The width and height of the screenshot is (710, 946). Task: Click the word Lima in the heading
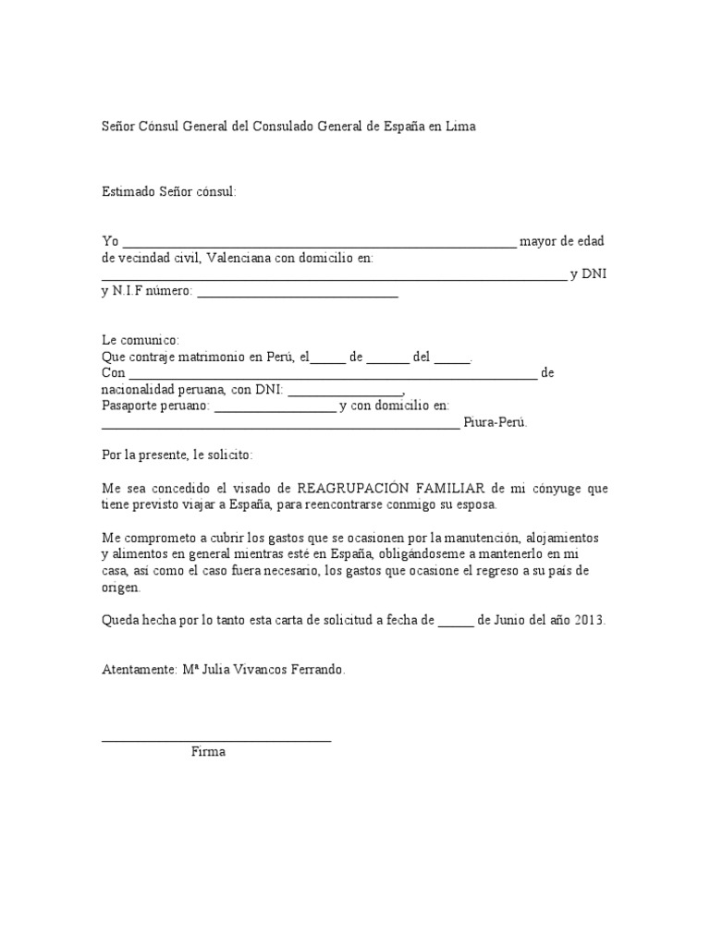click(x=459, y=127)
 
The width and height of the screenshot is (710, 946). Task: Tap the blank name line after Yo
click(x=319, y=245)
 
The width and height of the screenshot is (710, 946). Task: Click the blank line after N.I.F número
click(x=298, y=295)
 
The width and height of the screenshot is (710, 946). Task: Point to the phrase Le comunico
click(x=140, y=341)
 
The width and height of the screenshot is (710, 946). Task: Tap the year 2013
click(x=589, y=620)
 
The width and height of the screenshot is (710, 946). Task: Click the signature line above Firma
click(x=215, y=739)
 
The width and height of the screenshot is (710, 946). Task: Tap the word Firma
click(x=208, y=752)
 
